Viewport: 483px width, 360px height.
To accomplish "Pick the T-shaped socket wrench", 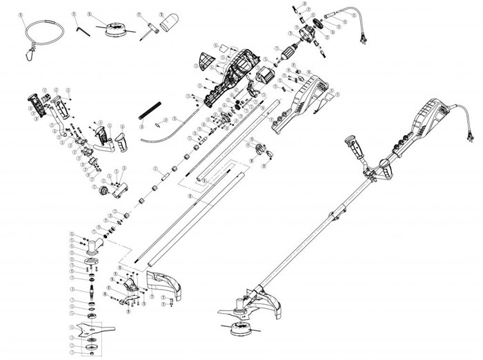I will pyautogui.click(x=147, y=28).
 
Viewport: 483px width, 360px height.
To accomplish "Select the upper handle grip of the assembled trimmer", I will pyautogui.click(x=355, y=147).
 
